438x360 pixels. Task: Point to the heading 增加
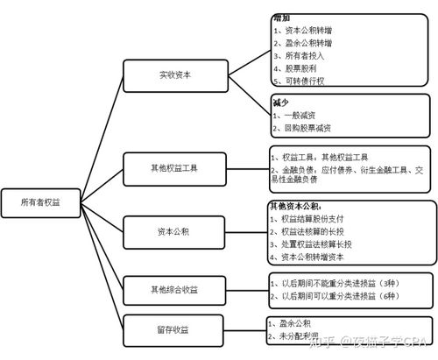281,18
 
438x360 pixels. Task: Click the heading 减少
281,102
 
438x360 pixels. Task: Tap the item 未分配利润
299,336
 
